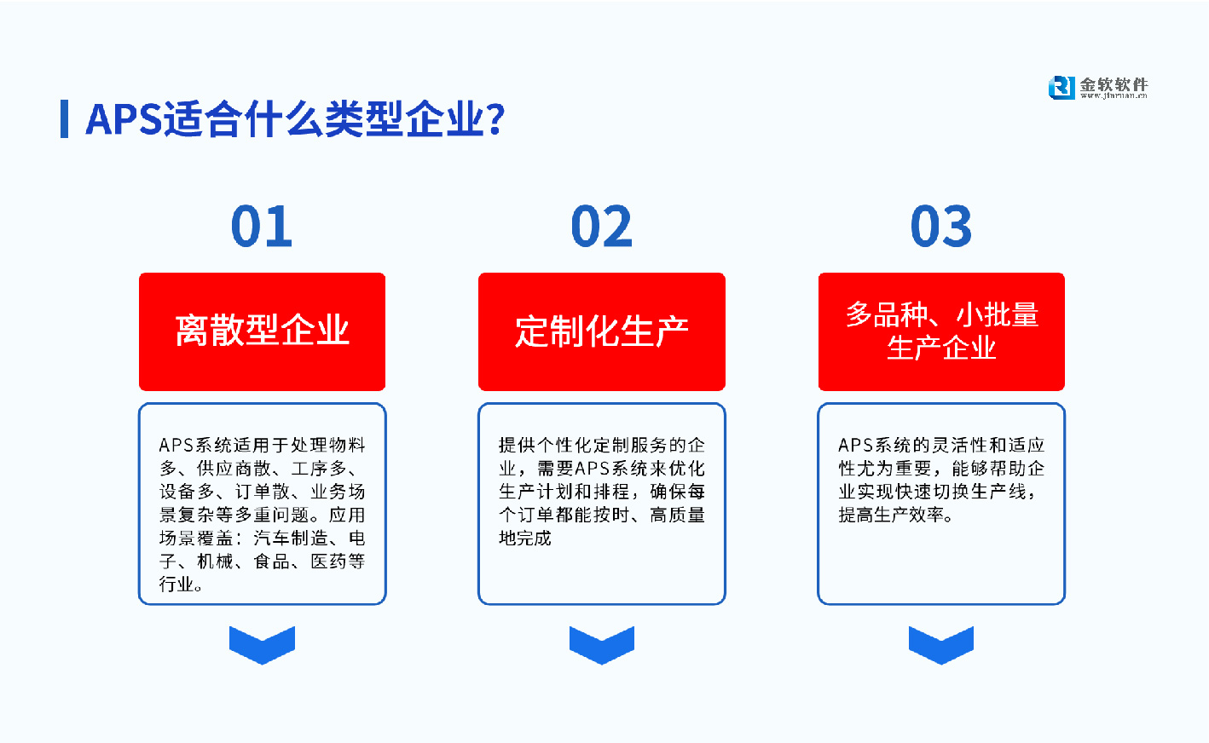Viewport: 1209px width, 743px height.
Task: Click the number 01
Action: [x=262, y=227]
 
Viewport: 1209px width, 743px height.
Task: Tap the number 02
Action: [x=601, y=227]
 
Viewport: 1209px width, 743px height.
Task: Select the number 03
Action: [x=941, y=227]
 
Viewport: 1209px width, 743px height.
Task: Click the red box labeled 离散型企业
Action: [x=262, y=331]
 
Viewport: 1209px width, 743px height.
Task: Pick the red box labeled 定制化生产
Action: [x=601, y=331]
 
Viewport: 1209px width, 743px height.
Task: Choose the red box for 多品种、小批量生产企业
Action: [x=941, y=331]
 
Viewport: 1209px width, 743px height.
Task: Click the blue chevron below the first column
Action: [x=262, y=644]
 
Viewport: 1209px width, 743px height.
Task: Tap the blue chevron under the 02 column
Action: [x=601, y=644]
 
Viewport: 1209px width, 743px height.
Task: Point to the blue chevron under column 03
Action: [x=941, y=644]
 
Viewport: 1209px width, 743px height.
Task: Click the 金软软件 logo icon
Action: [x=1061, y=87]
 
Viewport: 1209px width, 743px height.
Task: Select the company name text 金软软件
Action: [x=1114, y=84]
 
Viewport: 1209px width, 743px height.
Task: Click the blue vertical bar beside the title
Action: [x=64, y=118]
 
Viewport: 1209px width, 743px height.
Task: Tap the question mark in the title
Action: [x=495, y=119]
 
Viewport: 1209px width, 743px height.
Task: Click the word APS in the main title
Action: [x=124, y=119]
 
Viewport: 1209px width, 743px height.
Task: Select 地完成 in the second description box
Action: [x=525, y=538]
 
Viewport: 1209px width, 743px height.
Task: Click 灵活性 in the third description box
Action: [x=960, y=445]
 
